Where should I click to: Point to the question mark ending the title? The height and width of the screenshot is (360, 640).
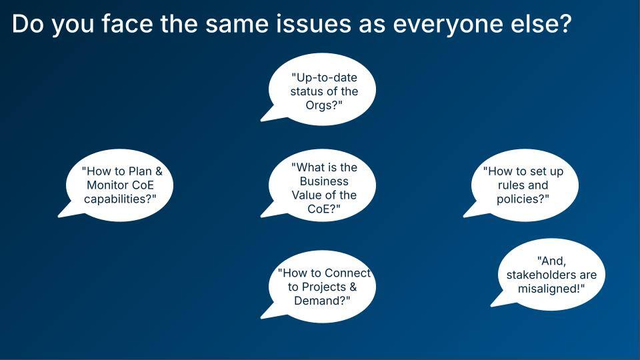(x=565, y=24)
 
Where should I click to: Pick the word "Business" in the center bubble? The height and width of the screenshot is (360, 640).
(x=324, y=181)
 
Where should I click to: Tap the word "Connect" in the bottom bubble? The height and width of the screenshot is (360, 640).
(x=348, y=273)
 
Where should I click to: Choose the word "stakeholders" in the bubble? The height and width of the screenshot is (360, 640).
(x=540, y=275)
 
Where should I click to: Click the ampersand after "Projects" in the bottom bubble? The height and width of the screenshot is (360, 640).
(x=353, y=287)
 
